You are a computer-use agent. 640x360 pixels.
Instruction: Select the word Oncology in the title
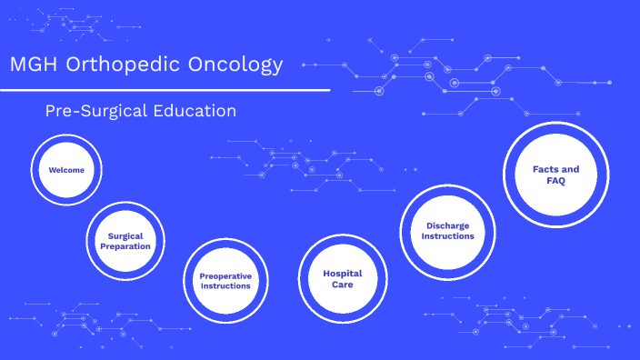point(238,65)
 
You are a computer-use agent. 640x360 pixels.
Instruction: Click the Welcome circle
point(66,170)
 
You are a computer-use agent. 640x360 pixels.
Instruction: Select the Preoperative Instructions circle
point(225,280)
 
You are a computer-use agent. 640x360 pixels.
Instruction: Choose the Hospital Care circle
point(342,278)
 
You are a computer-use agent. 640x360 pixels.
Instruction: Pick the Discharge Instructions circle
point(447,231)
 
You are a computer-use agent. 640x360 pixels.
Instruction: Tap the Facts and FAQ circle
point(555,175)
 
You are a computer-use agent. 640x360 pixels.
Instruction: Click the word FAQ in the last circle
point(555,181)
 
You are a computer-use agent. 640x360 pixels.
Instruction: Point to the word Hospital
point(342,273)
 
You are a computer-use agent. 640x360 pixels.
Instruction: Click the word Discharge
point(447,225)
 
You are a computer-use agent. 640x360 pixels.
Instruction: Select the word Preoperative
point(225,275)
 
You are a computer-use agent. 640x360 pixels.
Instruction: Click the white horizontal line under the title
point(165,90)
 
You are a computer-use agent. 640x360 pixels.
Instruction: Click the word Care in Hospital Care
point(342,285)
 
